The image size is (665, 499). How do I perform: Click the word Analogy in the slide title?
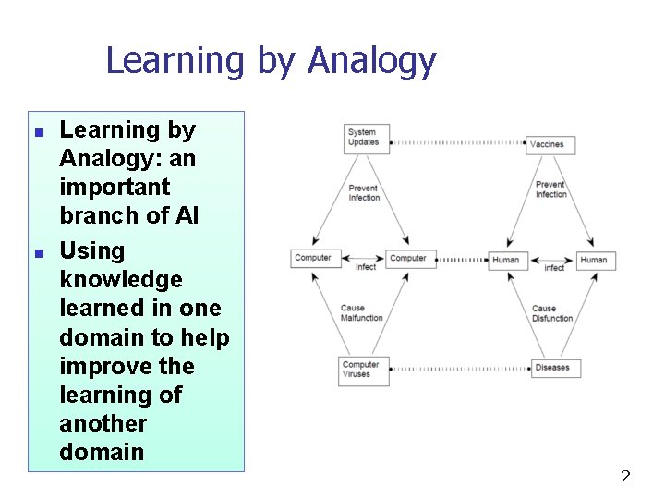[371, 62]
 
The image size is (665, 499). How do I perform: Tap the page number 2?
[625, 477]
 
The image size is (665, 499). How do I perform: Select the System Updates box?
[365, 137]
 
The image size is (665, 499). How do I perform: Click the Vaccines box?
[547, 143]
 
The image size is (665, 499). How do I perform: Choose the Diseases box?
[552, 368]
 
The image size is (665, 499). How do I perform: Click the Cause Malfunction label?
[361, 313]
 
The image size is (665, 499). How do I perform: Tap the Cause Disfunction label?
[552, 313]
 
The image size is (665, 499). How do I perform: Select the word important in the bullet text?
[115, 187]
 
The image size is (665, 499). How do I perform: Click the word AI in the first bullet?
[187, 215]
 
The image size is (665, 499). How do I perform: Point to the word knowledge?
[121, 279]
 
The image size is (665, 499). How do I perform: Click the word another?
[103, 423]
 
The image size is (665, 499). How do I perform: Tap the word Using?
[91, 250]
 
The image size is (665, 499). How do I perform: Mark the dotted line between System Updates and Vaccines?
[458, 143]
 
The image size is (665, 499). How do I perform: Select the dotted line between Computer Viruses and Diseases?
[460, 369]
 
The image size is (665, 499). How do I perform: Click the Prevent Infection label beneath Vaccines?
[551, 189]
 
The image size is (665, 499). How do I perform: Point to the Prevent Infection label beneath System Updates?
[364, 193]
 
